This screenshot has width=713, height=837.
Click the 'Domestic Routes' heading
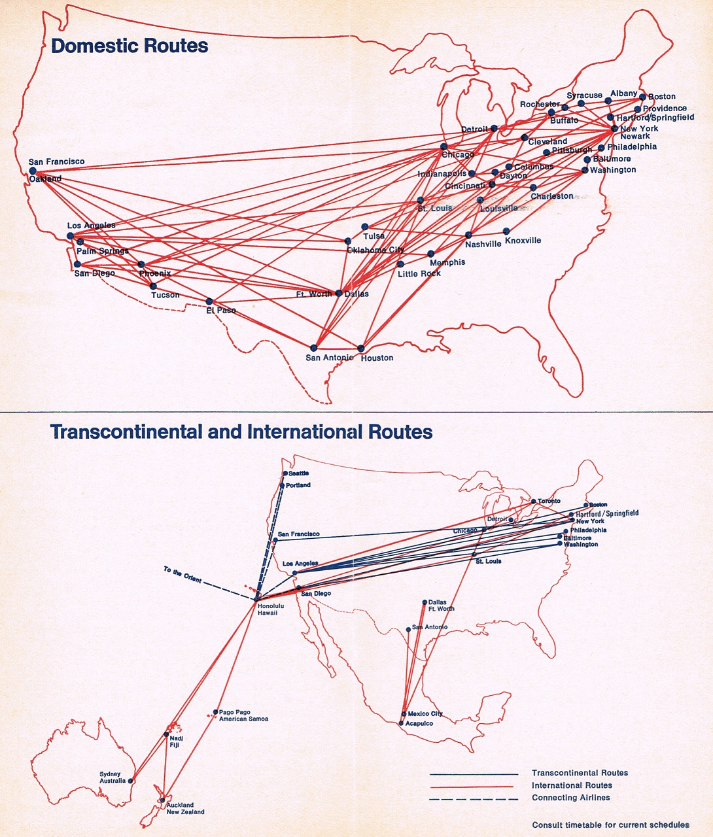coord(130,46)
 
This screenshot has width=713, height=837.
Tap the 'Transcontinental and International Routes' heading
coord(241,432)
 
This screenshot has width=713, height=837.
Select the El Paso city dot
coord(209,301)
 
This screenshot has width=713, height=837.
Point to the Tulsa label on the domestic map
coord(374,236)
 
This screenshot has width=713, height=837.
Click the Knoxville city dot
coord(506,231)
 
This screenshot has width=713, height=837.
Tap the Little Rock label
coord(419,273)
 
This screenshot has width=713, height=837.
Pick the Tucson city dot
coord(153,286)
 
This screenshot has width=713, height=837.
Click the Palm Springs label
coord(102,251)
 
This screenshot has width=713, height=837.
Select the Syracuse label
coord(584,95)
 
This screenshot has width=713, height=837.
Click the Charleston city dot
coord(533,188)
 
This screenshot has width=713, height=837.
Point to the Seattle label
coord(298,473)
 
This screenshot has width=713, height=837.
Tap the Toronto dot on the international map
coord(533,502)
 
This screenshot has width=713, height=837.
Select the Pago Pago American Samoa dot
coord(216,712)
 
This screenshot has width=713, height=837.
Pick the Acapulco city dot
coord(401,723)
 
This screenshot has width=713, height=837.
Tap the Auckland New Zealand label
coord(185,808)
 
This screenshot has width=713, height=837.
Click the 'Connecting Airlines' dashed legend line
coord(474,798)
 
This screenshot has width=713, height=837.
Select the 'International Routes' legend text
coord(572,785)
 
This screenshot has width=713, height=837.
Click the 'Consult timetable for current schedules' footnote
coord(610,825)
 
